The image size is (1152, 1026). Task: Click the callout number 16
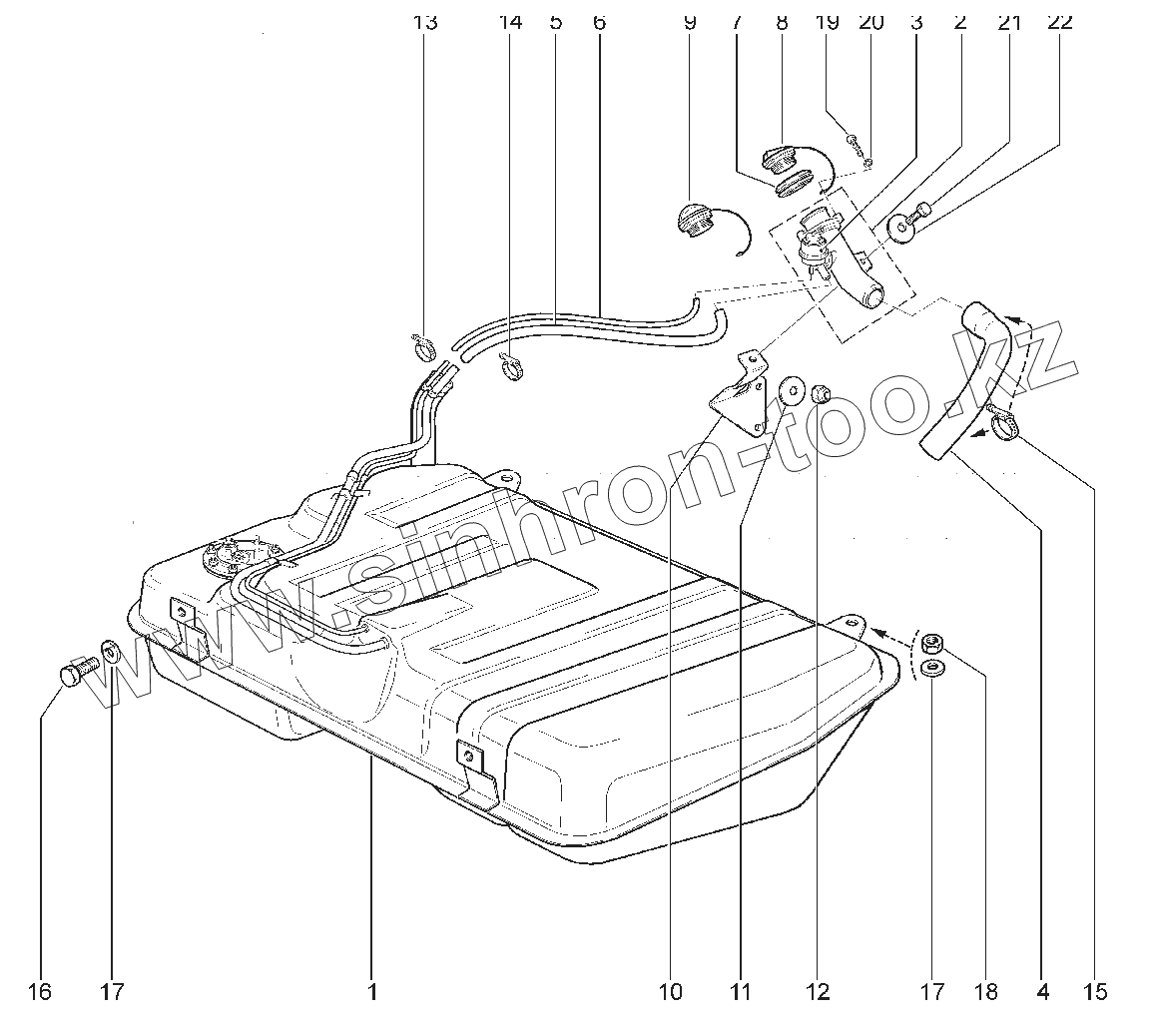(39, 992)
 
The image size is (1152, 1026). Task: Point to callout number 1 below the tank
(371, 992)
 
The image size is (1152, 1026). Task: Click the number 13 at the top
(425, 22)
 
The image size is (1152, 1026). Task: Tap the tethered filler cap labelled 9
(694, 220)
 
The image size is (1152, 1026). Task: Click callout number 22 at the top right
(1059, 22)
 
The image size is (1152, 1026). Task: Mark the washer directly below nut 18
(933, 667)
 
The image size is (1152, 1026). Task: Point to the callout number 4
(1043, 992)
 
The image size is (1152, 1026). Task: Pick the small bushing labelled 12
(820, 388)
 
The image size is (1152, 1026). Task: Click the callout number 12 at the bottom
(818, 992)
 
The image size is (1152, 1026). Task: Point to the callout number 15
(1095, 992)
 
